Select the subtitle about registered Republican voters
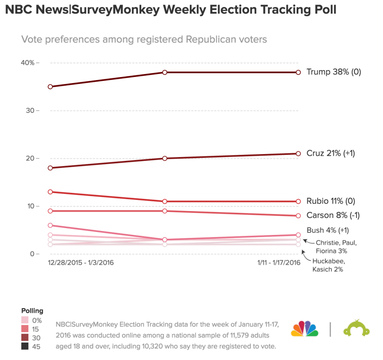144,40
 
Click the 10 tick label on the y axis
30,206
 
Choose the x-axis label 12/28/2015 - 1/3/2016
80,263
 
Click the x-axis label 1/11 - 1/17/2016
278,263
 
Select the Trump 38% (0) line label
334,72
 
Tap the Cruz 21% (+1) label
331,153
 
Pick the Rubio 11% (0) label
331,201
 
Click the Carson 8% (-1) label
333,215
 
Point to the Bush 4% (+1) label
328,230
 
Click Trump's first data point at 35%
50,87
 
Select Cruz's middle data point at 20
164,158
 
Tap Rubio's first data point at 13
50,192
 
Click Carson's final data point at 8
298,216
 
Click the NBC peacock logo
305,329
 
